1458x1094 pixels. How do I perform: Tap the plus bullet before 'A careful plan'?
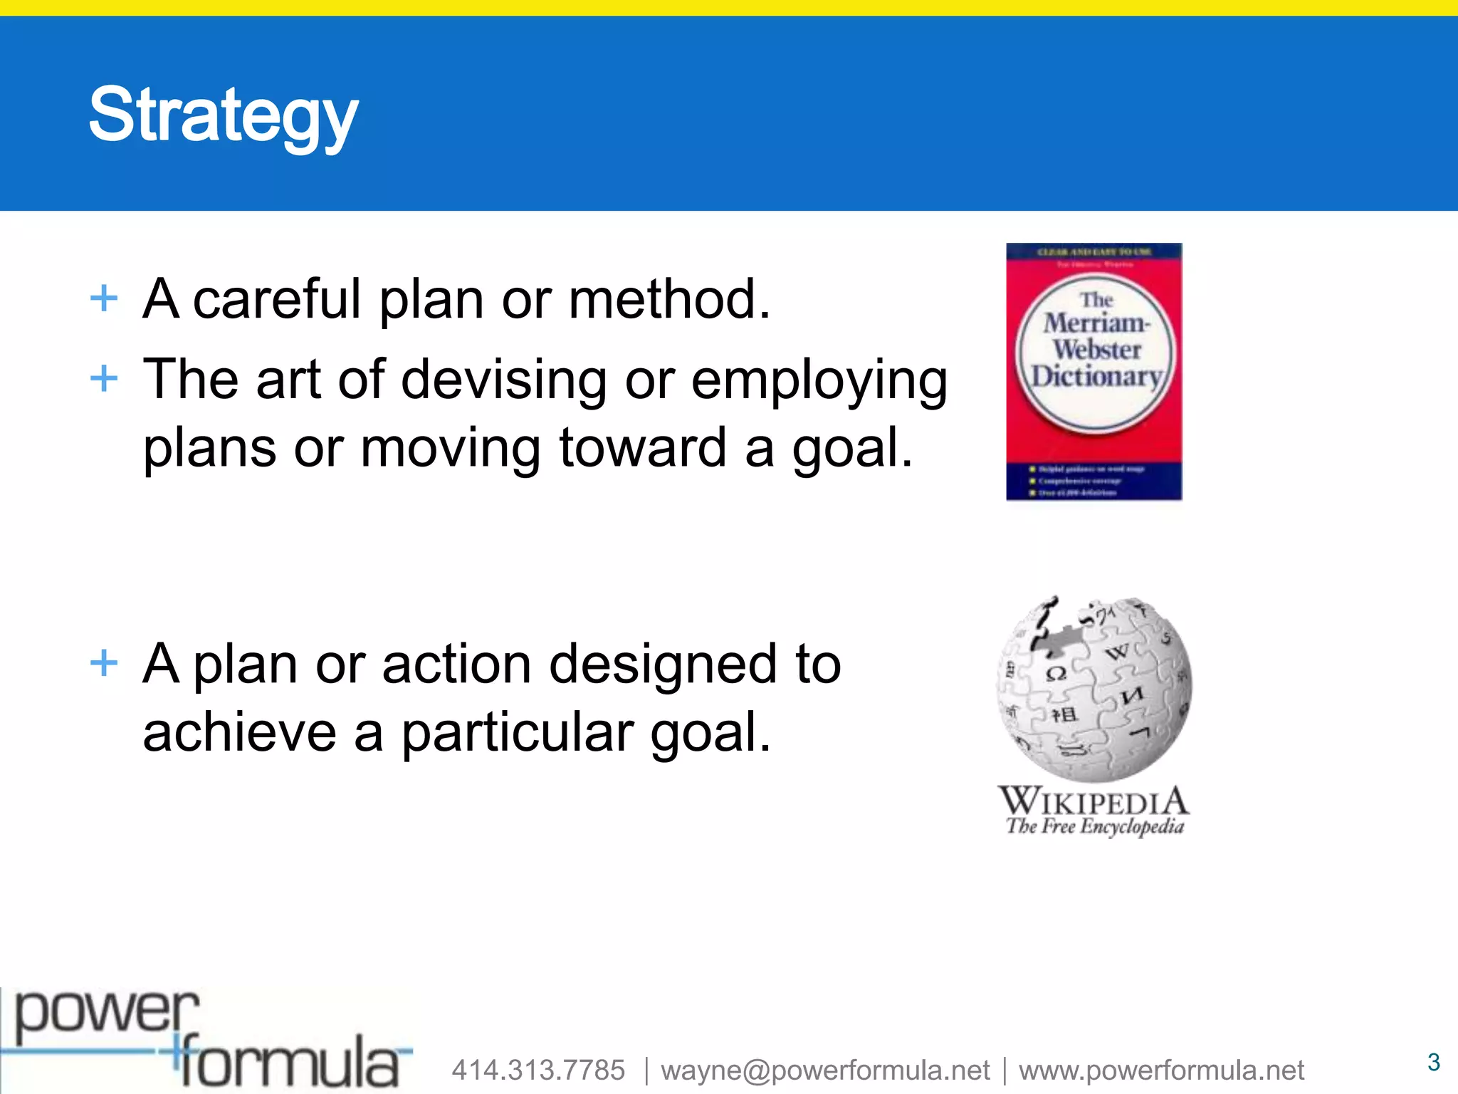104,298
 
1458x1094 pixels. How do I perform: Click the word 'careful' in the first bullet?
277,299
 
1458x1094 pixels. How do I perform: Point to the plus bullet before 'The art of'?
104,378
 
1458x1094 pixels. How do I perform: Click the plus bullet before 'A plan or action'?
104,662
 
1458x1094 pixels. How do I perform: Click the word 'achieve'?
239,734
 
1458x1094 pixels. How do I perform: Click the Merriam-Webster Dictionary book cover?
1093,372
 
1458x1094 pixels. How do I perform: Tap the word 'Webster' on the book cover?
1096,350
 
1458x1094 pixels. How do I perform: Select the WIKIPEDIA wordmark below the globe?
1093,801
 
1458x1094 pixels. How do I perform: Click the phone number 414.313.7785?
538,1070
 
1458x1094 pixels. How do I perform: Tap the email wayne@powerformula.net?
825,1070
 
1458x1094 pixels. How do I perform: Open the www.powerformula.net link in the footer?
1161,1070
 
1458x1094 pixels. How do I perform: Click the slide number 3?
1434,1062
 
